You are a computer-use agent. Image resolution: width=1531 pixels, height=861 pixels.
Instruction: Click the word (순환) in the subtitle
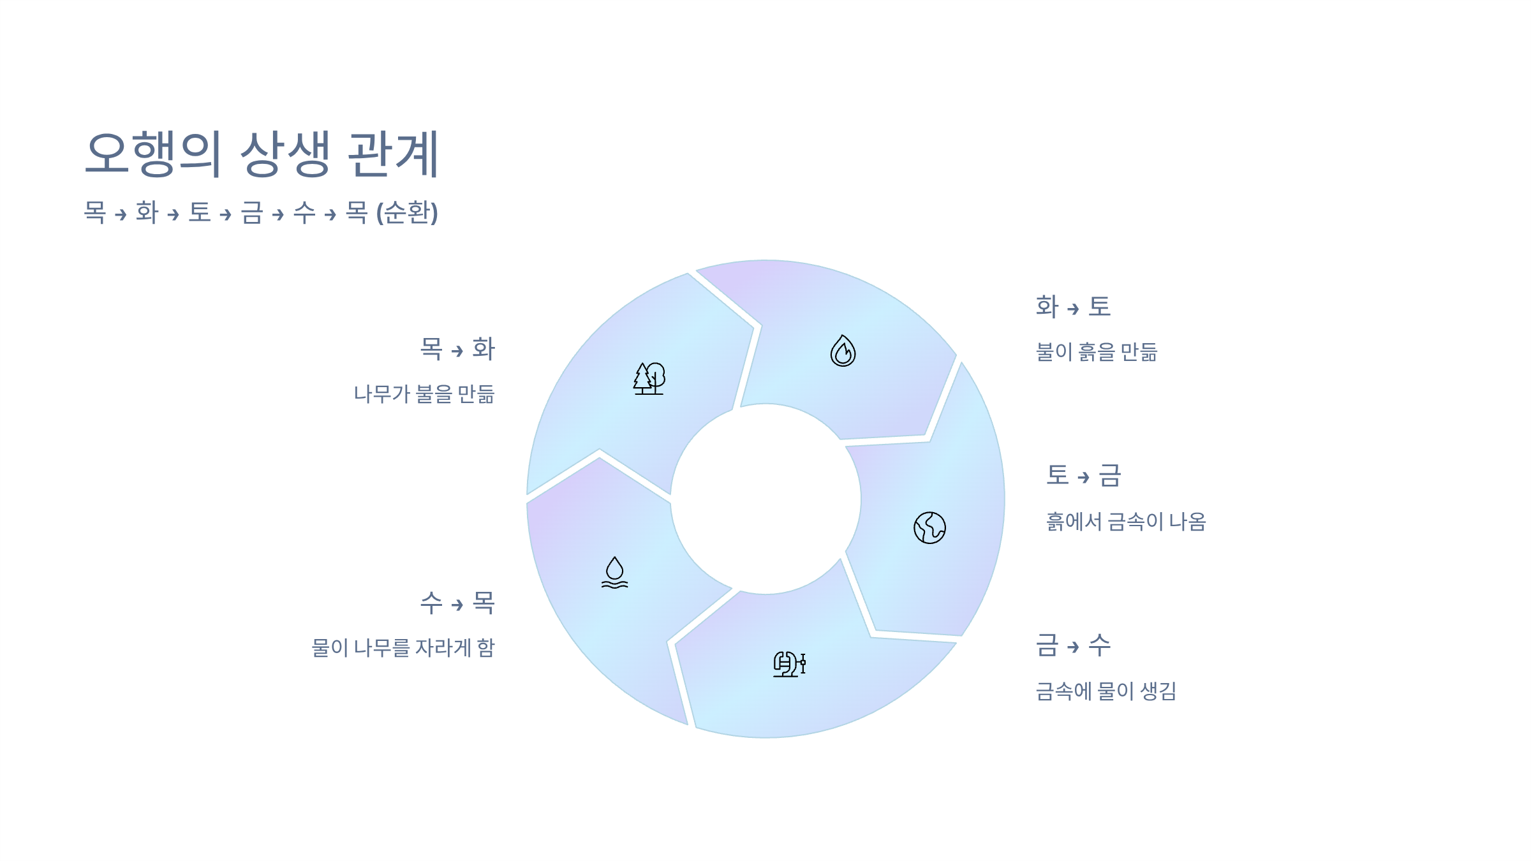[407, 213]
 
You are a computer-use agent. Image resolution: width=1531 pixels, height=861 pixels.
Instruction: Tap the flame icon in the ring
[843, 351]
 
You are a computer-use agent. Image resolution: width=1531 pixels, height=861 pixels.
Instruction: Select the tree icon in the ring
[649, 379]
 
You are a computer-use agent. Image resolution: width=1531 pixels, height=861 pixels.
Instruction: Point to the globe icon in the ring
[929, 528]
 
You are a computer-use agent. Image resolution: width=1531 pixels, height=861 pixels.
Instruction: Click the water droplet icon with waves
[614, 572]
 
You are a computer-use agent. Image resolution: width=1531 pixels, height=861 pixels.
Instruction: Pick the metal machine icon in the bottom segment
[789, 664]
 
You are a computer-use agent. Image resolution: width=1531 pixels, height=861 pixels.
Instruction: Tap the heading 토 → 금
[1083, 476]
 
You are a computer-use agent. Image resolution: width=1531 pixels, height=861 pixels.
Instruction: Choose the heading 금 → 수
[1073, 645]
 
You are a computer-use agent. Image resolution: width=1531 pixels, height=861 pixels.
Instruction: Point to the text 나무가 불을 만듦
[424, 394]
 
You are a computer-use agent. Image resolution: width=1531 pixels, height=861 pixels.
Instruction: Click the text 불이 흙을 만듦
[1097, 352]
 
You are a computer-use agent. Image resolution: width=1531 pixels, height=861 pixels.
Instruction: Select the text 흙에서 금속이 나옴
[1126, 522]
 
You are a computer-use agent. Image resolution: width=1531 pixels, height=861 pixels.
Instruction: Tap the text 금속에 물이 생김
[1106, 691]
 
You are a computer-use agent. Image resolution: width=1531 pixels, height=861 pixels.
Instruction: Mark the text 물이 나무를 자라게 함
[403, 648]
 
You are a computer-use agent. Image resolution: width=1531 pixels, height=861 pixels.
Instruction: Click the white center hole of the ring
[765, 499]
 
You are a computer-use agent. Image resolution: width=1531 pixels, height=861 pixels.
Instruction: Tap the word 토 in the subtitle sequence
[200, 213]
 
